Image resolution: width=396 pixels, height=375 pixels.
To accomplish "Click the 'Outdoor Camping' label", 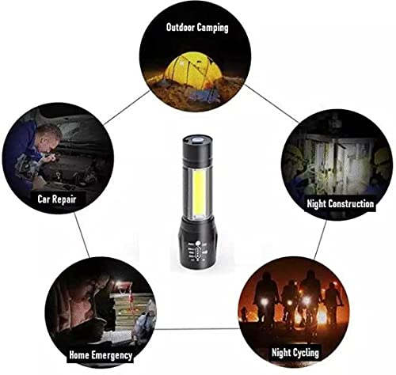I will pos(196,27).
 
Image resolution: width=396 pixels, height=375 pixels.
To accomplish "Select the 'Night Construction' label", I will pos(340,204).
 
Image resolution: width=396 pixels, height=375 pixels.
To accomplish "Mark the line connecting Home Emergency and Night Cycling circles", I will pos(198,328).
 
